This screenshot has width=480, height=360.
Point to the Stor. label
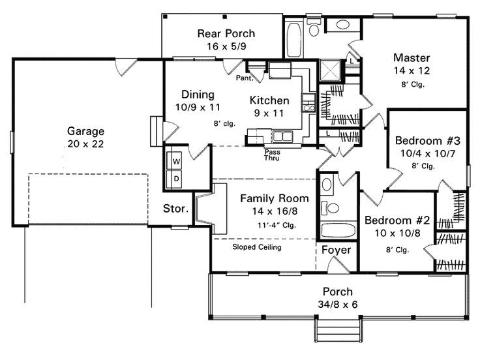(176, 209)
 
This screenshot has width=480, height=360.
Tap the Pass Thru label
(273, 155)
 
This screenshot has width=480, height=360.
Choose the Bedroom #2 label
(391, 220)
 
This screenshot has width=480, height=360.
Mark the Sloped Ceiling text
(257, 247)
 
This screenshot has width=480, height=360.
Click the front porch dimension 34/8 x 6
(337, 304)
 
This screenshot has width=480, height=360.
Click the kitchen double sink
(282, 136)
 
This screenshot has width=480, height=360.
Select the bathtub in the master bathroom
(294, 31)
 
